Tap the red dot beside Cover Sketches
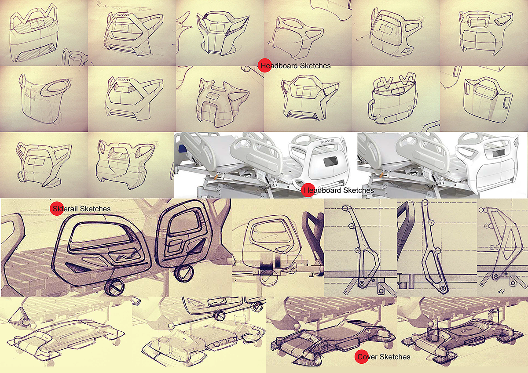361,357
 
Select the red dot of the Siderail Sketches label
57,209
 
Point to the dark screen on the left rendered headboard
330,162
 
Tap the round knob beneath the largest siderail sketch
114,288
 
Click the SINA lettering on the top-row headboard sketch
123,15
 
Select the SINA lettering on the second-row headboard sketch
124,80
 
